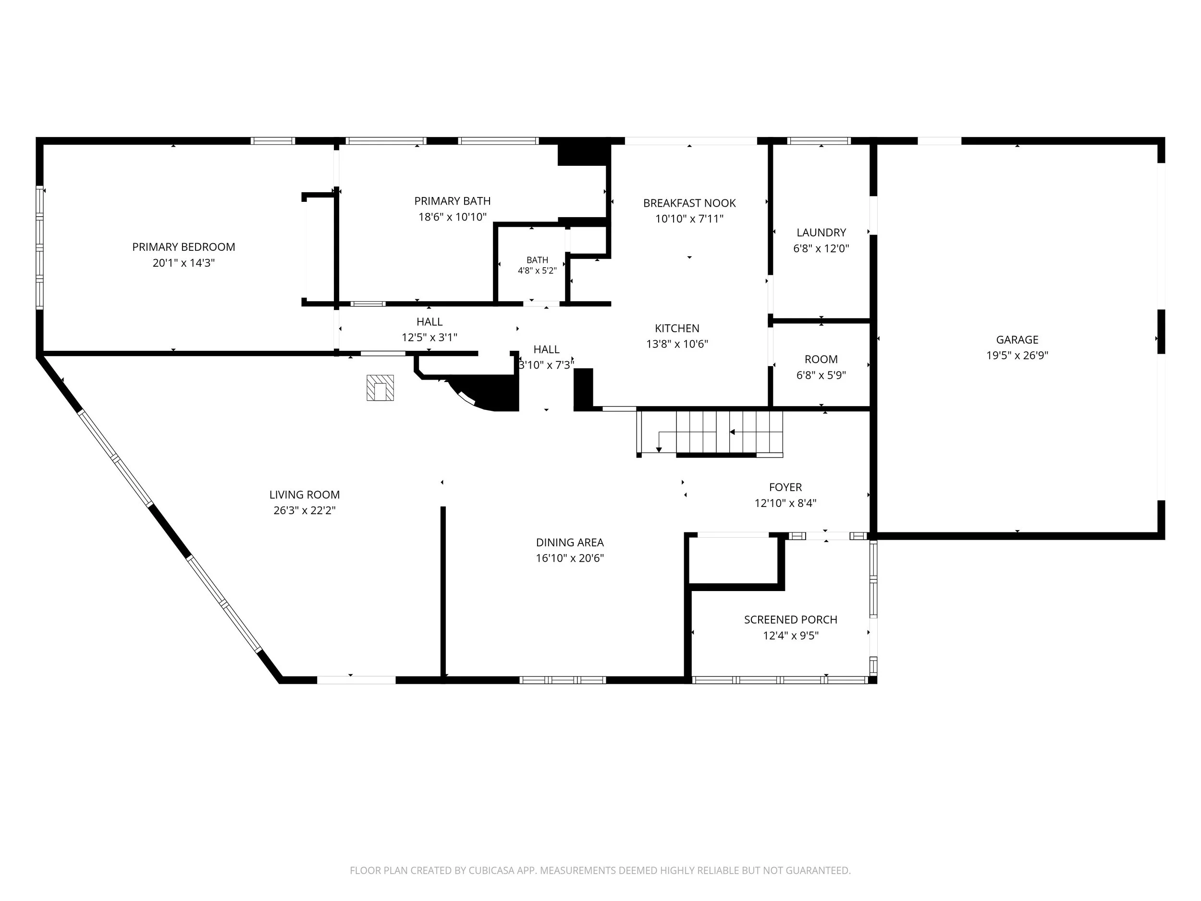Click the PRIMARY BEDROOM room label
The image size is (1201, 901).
coord(184,247)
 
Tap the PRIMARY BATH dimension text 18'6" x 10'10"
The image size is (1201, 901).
coord(452,217)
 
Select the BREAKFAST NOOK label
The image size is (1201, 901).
coord(689,203)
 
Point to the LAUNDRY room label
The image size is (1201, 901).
coord(821,233)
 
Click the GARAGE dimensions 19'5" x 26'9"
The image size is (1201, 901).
coord(1017,356)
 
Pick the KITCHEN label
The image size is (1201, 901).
coord(677,328)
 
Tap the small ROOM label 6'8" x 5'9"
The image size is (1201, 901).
coord(821,367)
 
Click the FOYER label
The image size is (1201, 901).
coord(785,487)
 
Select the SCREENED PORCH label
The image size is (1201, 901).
coord(791,620)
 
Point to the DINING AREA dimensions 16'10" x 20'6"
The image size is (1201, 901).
coord(570,558)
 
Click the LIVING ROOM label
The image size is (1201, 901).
coord(305,495)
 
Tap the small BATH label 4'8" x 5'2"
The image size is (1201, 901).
coord(537,266)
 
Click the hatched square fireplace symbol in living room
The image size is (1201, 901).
coord(380,388)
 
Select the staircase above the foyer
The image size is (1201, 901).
coord(710,432)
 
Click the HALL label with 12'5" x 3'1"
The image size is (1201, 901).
coord(429,330)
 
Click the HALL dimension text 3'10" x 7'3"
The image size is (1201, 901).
coord(546,365)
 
